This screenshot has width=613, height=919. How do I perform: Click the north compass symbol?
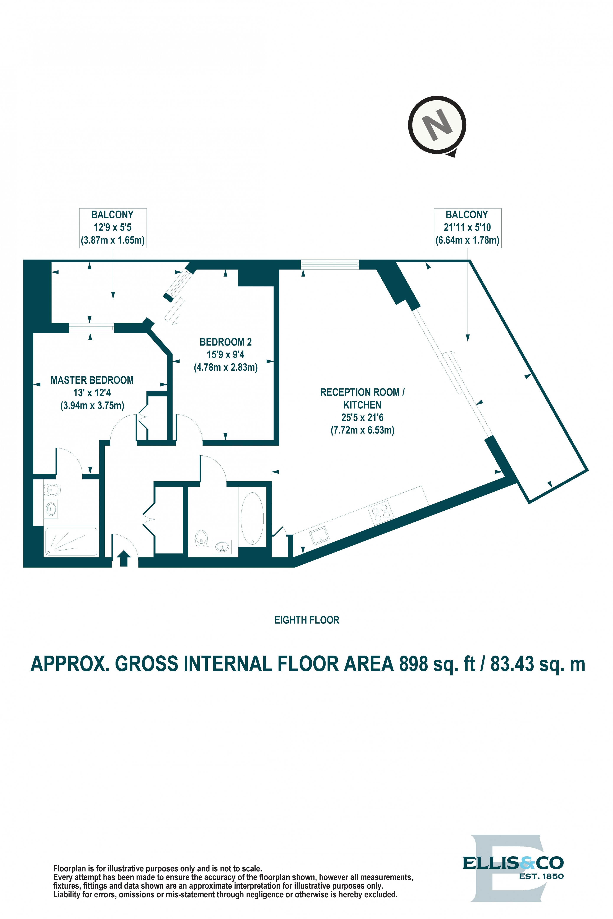pyautogui.click(x=437, y=125)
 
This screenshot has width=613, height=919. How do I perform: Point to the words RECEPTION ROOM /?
pyautogui.click(x=362, y=392)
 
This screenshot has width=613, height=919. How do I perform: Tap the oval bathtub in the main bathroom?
pyautogui.click(x=252, y=518)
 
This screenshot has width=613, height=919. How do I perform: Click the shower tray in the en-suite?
pyautogui.click(x=71, y=542)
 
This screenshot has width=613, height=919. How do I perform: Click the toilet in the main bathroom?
pyautogui.click(x=201, y=538)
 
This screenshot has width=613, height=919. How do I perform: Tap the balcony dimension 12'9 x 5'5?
pyautogui.click(x=112, y=227)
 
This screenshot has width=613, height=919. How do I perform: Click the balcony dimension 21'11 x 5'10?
pyautogui.click(x=467, y=227)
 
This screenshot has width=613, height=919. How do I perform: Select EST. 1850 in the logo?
pyautogui.click(x=541, y=876)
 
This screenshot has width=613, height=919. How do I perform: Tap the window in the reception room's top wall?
pyautogui.click(x=329, y=265)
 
